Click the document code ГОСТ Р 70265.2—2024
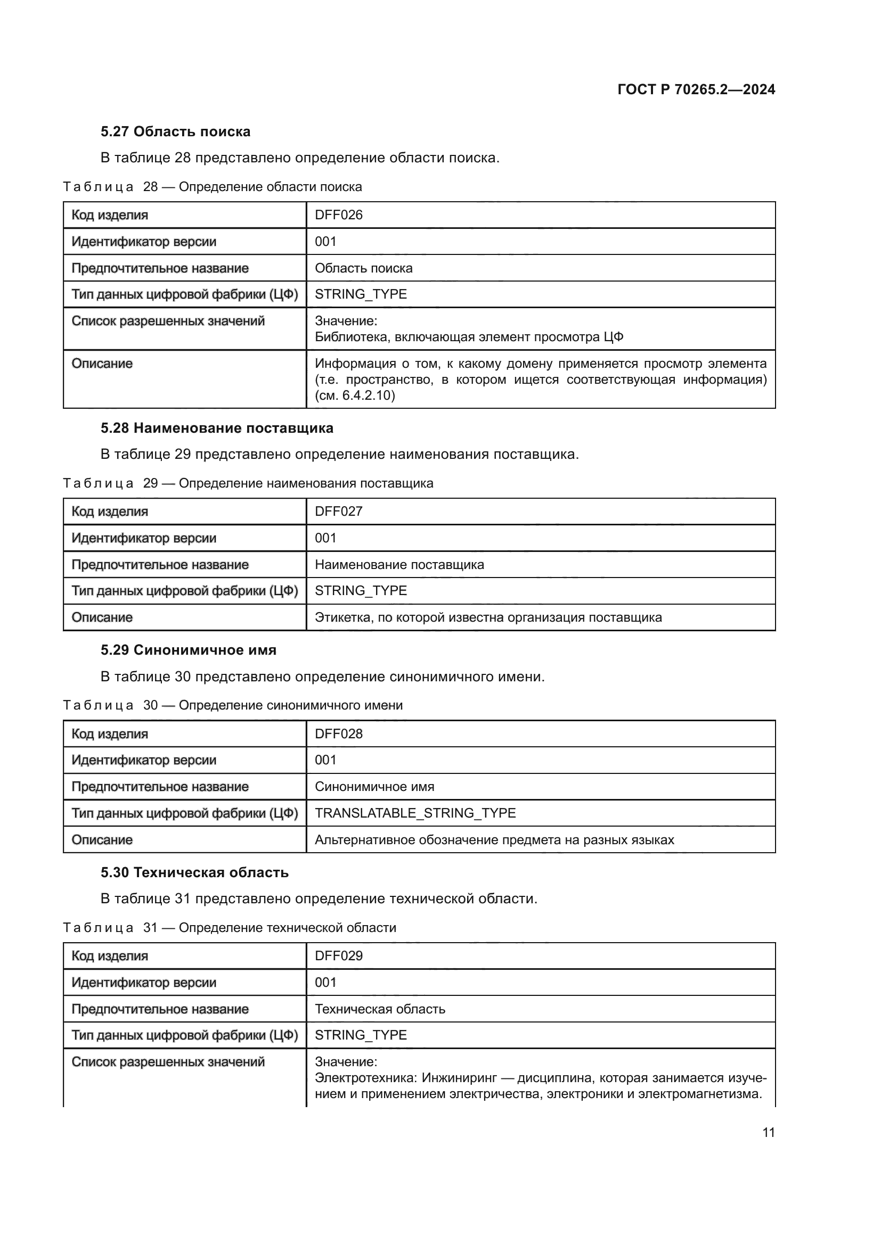pyautogui.click(x=696, y=89)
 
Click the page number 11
pyautogui.click(x=768, y=1132)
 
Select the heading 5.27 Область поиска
pyautogui.click(x=175, y=132)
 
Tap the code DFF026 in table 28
pyautogui.click(x=339, y=215)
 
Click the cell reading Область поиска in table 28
pyautogui.click(x=363, y=268)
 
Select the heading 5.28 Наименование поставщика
pyautogui.click(x=217, y=428)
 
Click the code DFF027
pyautogui.click(x=339, y=512)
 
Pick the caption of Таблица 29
pyautogui.click(x=248, y=483)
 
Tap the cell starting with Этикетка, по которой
pyautogui.click(x=488, y=617)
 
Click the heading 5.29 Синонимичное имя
pyautogui.click(x=188, y=650)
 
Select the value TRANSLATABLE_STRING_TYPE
pyautogui.click(x=415, y=813)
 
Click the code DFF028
pyautogui.click(x=339, y=733)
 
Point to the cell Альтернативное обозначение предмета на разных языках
pyautogui.click(x=494, y=840)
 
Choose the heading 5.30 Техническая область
pyautogui.click(x=194, y=872)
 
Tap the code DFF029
pyautogui.click(x=339, y=956)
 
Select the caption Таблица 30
pyautogui.click(x=233, y=705)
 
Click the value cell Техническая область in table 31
pyautogui.click(x=380, y=1009)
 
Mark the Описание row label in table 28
pyautogui.click(x=102, y=364)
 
